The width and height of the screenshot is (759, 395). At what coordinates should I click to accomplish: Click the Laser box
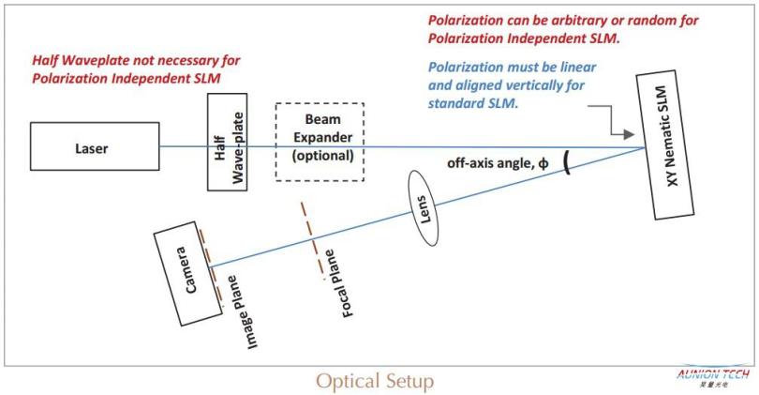(x=95, y=146)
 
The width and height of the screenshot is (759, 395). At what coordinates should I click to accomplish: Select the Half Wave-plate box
(x=228, y=142)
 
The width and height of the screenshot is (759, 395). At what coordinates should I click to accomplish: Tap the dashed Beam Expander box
(x=320, y=142)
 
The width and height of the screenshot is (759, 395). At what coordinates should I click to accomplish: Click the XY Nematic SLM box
(x=665, y=145)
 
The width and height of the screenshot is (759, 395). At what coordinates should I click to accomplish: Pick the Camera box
(x=187, y=273)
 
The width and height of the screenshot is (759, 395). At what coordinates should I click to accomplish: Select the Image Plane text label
(x=242, y=312)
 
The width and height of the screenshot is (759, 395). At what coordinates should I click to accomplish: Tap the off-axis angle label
(x=498, y=163)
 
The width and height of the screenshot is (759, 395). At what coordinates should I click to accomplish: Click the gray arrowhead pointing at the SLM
(x=629, y=135)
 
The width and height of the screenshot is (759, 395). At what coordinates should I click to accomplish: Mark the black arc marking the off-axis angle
(x=566, y=162)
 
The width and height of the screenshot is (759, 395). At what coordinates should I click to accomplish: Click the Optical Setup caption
(x=375, y=382)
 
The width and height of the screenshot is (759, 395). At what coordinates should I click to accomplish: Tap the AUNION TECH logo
(x=713, y=376)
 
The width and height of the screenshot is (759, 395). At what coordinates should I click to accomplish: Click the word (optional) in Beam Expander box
(x=323, y=156)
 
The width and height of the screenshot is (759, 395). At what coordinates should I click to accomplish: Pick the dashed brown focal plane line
(x=313, y=241)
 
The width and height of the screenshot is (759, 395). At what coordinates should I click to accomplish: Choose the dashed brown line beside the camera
(x=211, y=267)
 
